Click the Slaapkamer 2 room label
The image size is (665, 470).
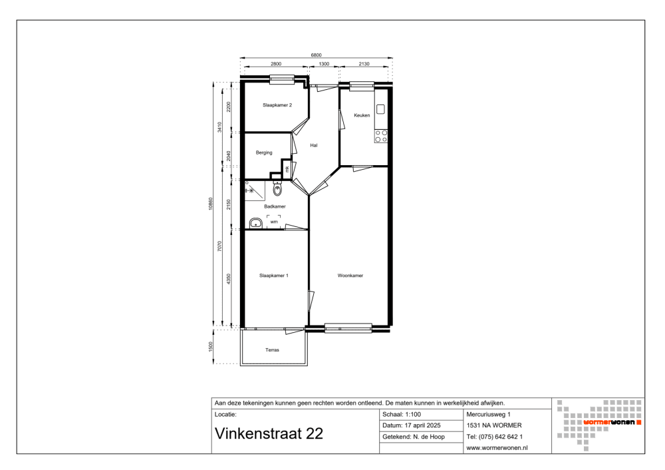[x=277, y=105]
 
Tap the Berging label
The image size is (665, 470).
[x=264, y=152]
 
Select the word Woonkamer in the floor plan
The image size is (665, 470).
[x=350, y=275]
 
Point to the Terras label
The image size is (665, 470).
[x=272, y=350]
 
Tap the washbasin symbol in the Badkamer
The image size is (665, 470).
[x=255, y=223]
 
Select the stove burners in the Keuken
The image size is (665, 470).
[x=381, y=136]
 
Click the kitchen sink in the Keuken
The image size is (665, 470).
[x=381, y=109]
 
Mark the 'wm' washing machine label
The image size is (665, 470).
[x=273, y=221]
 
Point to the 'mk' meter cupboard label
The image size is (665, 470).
[x=287, y=169]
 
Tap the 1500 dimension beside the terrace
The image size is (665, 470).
[x=211, y=346]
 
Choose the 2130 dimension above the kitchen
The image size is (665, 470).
[x=364, y=64]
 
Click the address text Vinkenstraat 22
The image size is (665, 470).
[x=269, y=433]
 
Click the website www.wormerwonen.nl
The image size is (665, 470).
[x=497, y=448]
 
